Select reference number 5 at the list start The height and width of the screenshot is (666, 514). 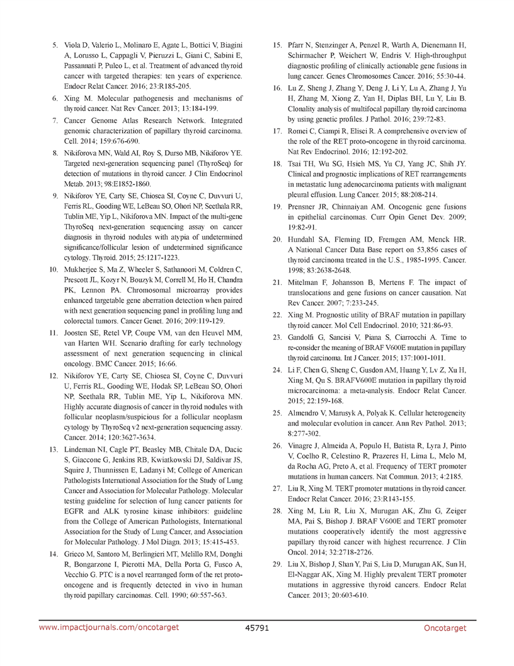(55, 45)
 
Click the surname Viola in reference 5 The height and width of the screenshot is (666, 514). (74, 45)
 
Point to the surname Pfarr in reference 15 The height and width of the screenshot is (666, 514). (299, 45)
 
